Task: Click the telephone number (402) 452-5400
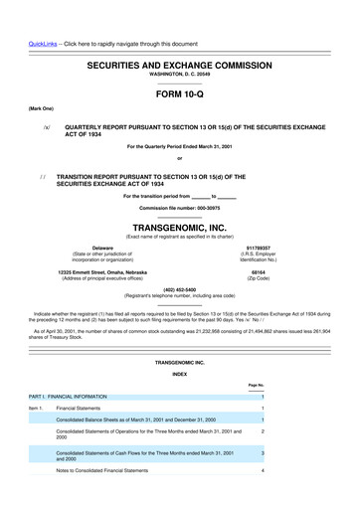coord(180,290)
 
